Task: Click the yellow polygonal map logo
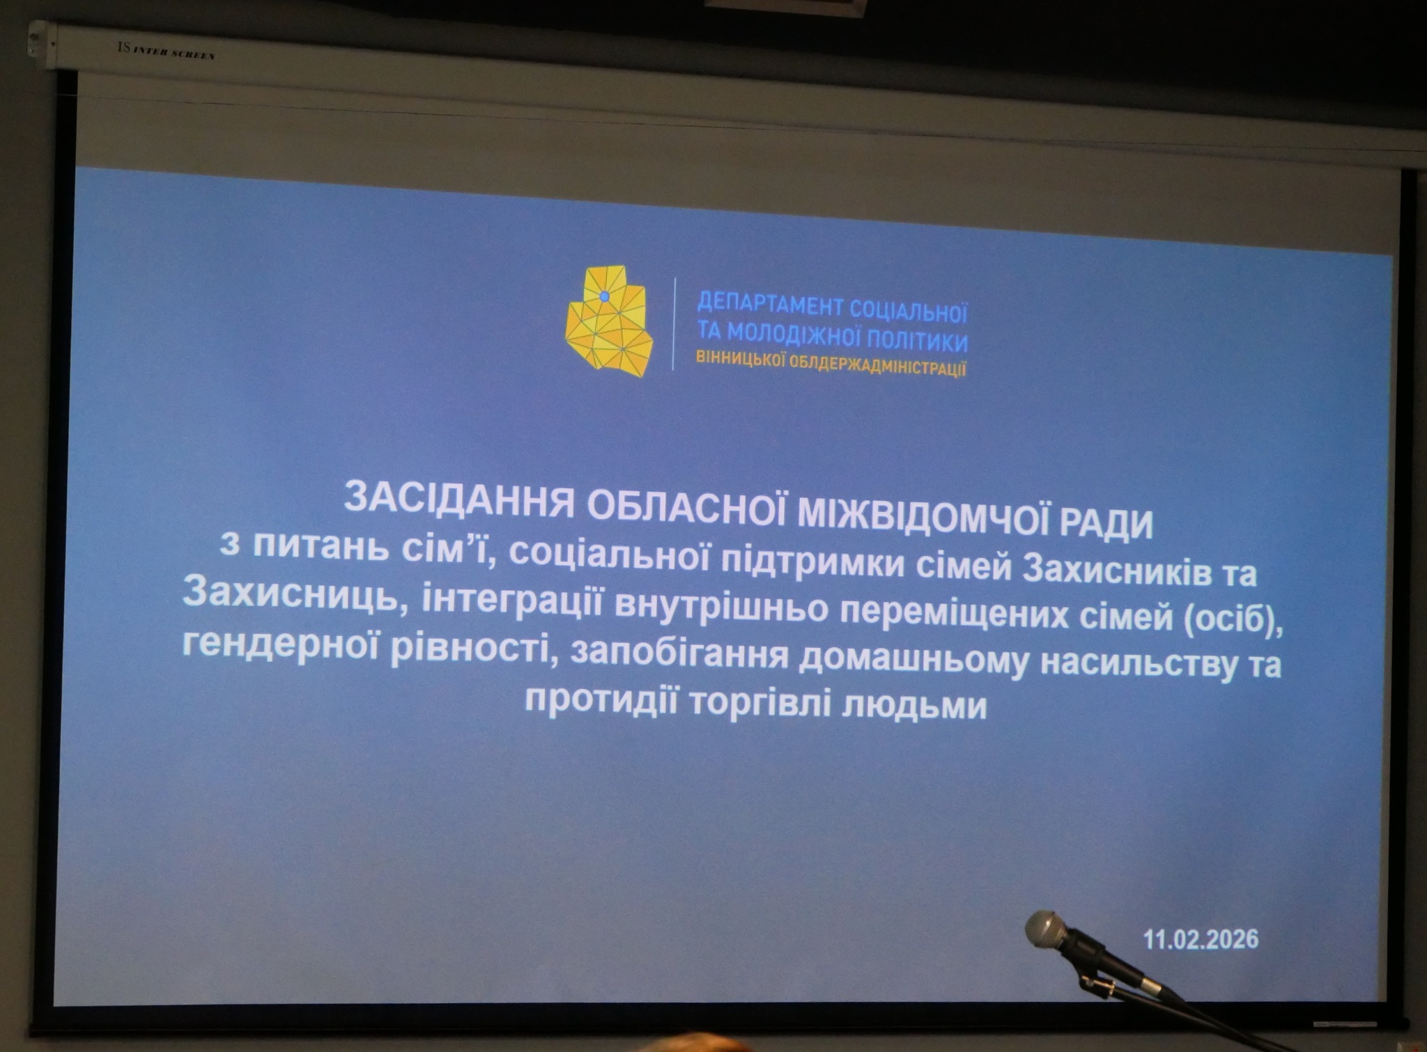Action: pos(609,322)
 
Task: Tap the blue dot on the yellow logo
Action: pos(604,297)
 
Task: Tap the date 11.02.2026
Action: pos(1201,938)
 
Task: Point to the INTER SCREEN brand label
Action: pos(167,51)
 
